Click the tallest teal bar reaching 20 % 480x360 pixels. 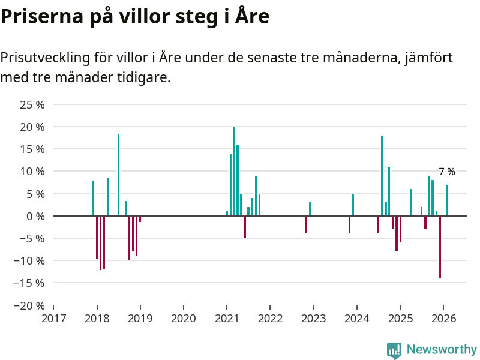point(234,171)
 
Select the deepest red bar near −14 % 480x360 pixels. point(440,247)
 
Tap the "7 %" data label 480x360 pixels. point(446,172)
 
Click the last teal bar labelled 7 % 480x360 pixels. point(447,200)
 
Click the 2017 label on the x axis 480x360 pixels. point(53,318)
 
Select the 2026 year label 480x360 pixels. point(443,318)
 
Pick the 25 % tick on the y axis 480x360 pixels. point(32,105)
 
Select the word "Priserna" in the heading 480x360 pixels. point(41,16)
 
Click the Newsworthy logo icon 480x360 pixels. point(394,350)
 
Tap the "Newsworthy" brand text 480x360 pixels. point(442,350)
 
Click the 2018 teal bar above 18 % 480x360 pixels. point(118,175)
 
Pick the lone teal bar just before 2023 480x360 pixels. point(310,209)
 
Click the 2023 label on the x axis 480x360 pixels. point(313,318)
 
